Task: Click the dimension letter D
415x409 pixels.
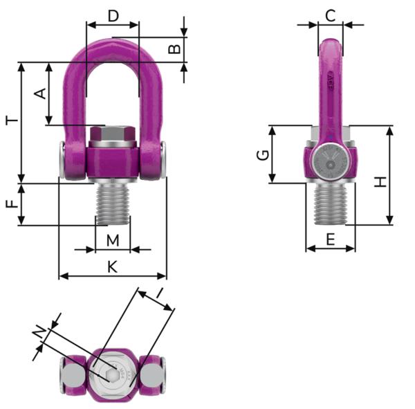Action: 113,15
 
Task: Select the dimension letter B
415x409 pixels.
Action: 175,49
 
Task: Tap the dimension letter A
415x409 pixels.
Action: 39,93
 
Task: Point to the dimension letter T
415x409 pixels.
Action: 12,120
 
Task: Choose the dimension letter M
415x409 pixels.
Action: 113,239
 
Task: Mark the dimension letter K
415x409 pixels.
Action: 113,266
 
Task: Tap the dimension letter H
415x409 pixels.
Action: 380,182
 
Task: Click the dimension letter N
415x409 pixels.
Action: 41,334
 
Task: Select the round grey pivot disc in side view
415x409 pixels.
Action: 330,164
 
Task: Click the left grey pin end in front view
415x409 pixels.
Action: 63,161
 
